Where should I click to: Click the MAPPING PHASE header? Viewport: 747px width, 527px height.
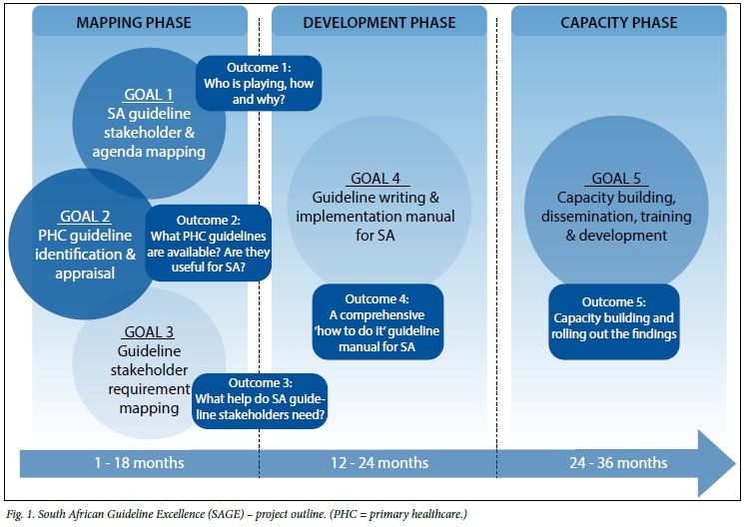coord(135,22)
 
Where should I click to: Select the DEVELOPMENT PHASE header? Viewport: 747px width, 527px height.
coord(379,22)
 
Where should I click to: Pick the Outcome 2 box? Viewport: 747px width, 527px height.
coord(210,245)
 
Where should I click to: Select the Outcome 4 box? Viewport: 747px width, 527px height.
coord(377,321)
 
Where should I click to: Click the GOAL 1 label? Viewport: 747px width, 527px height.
coord(149,95)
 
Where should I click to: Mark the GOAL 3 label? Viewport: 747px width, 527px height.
coord(149,332)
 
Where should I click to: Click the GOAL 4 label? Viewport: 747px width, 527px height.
coord(375,179)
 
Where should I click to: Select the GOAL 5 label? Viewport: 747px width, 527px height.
coord(616,179)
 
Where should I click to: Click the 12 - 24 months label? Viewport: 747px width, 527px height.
coord(379,463)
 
